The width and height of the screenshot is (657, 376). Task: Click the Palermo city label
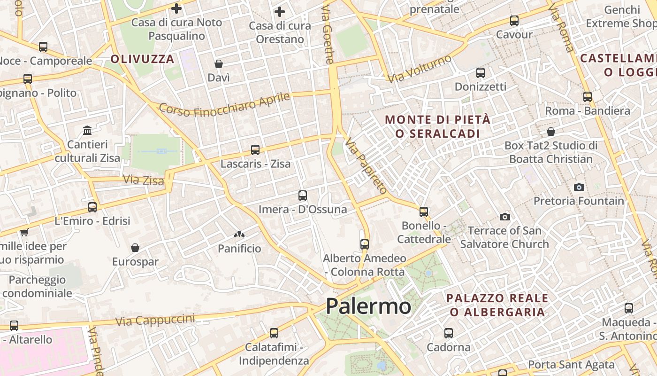[368, 306]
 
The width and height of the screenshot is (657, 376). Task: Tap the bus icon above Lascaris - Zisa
[255, 150]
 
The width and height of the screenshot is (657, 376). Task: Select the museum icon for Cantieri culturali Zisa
[87, 130]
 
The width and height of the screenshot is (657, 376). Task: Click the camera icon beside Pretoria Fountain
[579, 187]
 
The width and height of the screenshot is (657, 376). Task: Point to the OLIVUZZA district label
[143, 59]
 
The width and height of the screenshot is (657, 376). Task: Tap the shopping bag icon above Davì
[219, 64]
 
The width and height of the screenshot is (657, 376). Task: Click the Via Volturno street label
[420, 69]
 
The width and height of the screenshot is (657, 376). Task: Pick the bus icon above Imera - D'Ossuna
[303, 195]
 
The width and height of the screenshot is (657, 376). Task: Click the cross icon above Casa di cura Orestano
[280, 11]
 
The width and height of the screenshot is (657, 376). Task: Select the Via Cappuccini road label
[155, 320]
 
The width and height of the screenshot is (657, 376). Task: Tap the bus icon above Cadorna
[449, 333]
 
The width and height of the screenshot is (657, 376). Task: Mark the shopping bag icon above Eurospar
[135, 248]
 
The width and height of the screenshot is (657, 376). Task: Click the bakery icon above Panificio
[239, 234]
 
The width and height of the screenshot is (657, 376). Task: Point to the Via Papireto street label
[367, 166]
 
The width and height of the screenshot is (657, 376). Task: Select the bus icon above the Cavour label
[514, 21]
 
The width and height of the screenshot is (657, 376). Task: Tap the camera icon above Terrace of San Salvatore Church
[505, 217]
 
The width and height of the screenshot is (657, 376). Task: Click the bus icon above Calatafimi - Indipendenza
[274, 333]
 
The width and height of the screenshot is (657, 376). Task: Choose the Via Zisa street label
[144, 180]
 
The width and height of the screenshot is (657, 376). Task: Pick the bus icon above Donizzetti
[481, 73]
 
